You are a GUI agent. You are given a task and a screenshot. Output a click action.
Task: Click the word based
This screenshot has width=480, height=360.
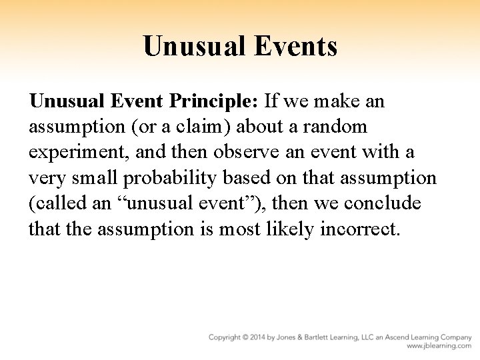(x=255, y=178)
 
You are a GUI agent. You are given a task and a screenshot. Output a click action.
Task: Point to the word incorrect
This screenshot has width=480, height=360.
(x=359, y=229)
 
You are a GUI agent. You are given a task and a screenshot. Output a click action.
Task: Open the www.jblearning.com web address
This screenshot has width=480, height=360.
(x=440, y=347)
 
